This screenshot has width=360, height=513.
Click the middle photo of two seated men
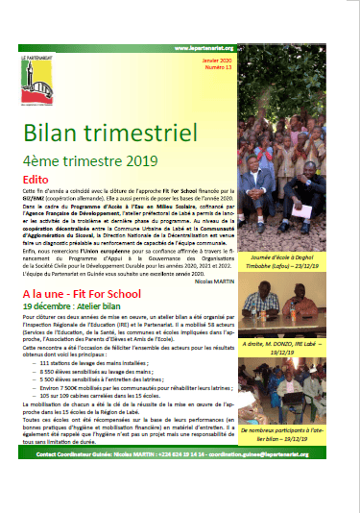[299, 309]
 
